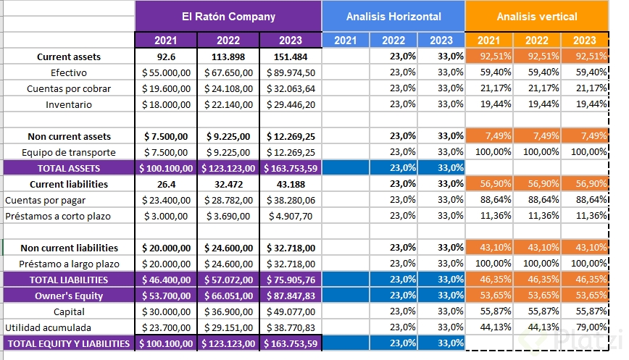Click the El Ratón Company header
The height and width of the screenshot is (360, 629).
click(228, 16)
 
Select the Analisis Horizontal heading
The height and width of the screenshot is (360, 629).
click(393, 16)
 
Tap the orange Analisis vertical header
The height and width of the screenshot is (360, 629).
click(536, 16)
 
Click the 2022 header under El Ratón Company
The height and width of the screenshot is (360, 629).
click(228, 41)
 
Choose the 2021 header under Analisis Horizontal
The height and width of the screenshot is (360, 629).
click(346, 41)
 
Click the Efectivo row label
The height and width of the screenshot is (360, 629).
click(69, 72)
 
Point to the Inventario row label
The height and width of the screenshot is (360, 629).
click(69, 104)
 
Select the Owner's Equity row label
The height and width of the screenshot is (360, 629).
click(69, 296)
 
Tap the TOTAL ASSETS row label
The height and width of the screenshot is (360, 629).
click(69, 168)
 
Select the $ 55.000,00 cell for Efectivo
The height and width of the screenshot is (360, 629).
click(167, 72)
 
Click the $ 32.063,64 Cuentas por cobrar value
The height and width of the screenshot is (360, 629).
click(290, 88)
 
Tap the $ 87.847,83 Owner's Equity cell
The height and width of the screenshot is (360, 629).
click(290, 296)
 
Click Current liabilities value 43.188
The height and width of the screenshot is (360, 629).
click(290, 184)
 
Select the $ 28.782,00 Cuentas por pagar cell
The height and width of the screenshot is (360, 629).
click(228, 200)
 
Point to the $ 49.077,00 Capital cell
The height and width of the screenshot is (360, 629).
click(290, 311)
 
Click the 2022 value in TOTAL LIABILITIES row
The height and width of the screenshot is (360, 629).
click(228, 280)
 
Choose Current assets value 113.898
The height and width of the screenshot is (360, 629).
click(228, 56)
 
